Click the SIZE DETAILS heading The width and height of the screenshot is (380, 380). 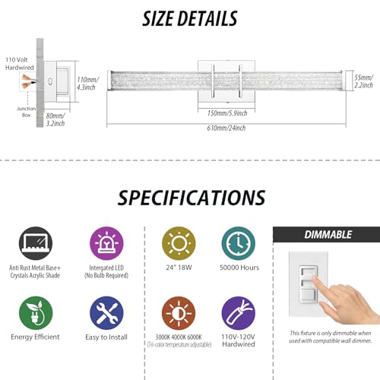coord(189,19)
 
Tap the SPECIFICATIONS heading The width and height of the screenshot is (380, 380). coord(192,198)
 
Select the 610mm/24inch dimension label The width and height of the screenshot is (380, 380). coord(226,128)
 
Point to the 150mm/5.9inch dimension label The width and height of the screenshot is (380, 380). coord(227,113)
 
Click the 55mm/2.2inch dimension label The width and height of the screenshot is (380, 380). coord(363,81)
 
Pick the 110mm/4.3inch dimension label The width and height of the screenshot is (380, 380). coord(87,84)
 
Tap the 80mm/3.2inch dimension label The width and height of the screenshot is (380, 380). coord(55,119)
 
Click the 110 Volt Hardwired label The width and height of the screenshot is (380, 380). coord(20,64)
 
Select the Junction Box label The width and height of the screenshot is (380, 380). coord(26,112)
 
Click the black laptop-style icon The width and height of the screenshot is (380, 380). coord(36,243)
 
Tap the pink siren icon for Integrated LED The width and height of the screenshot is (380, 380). coord(106,243)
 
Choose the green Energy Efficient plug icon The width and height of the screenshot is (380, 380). coord(36,313)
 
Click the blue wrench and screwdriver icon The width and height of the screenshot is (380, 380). coord(106,313)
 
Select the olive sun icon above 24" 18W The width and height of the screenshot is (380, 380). coord(179,243)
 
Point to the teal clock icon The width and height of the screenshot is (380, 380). coord(239,243)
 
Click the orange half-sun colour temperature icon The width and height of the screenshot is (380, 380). coord(179,313)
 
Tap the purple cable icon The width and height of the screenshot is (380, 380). coord(239,313)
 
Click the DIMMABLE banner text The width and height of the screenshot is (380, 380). coord(328,235)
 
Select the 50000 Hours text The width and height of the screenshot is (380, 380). coord(239,268)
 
